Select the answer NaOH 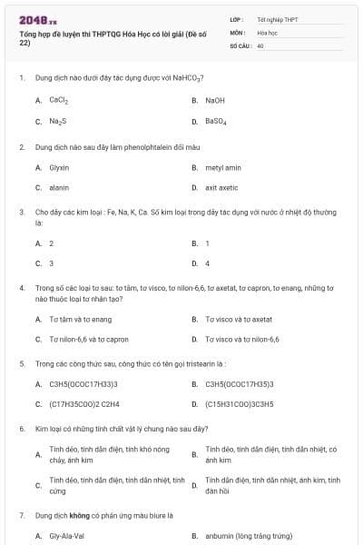(215, 100)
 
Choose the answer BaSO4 (216, 121)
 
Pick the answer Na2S (57, 121)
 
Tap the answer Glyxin (59, 167)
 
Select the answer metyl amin (223, 167)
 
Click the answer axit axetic (222, 187)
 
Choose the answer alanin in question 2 (59, 187)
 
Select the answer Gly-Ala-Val (66, 536)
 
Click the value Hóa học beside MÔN (268, 32)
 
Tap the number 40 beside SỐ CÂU (260, 45)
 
